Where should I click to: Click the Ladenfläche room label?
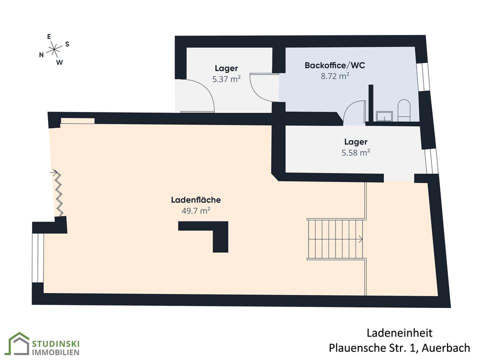(195, 200)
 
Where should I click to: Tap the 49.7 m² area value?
(195, 211)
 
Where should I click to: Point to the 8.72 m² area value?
(334, 76)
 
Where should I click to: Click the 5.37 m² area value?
(226, 78)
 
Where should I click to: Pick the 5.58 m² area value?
(355, 152)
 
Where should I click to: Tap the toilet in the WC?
(403, 110)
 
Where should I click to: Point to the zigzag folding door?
(58, 193)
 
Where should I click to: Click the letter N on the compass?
(41, 55)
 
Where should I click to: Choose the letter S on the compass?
(67, 44)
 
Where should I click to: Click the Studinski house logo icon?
(18, 344)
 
